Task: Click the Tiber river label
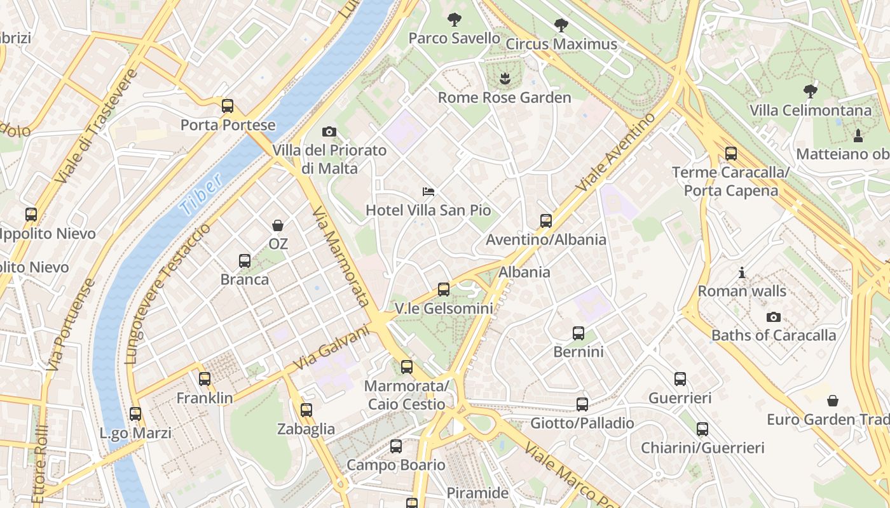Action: (x=201, y=193)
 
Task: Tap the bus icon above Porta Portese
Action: (x=228, y=106)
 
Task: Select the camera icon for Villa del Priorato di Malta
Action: (x=329, y=132)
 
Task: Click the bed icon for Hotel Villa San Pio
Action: (x=428, y=191)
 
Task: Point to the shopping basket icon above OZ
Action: (x=278, y=225)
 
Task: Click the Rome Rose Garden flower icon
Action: (x=505, y=79)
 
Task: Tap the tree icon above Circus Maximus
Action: (x=561, y=25)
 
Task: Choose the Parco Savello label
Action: (x=454, y=38)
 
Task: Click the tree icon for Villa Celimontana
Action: (x=810, y=91)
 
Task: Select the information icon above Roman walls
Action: (x=742, y=273)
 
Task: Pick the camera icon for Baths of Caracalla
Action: (x=774, y=317)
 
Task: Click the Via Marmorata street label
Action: (x=341, y=257)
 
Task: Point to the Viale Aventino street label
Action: (x=615, y=152)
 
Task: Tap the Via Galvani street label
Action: (x=332, y=348)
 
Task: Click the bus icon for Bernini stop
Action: (x=578, y=333)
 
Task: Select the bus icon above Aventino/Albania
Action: (x=546, y=221)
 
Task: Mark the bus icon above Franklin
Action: (x=205, y=379)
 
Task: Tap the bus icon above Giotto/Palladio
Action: (x=582, y=404)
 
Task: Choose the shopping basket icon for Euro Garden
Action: (x=832, y=401)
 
